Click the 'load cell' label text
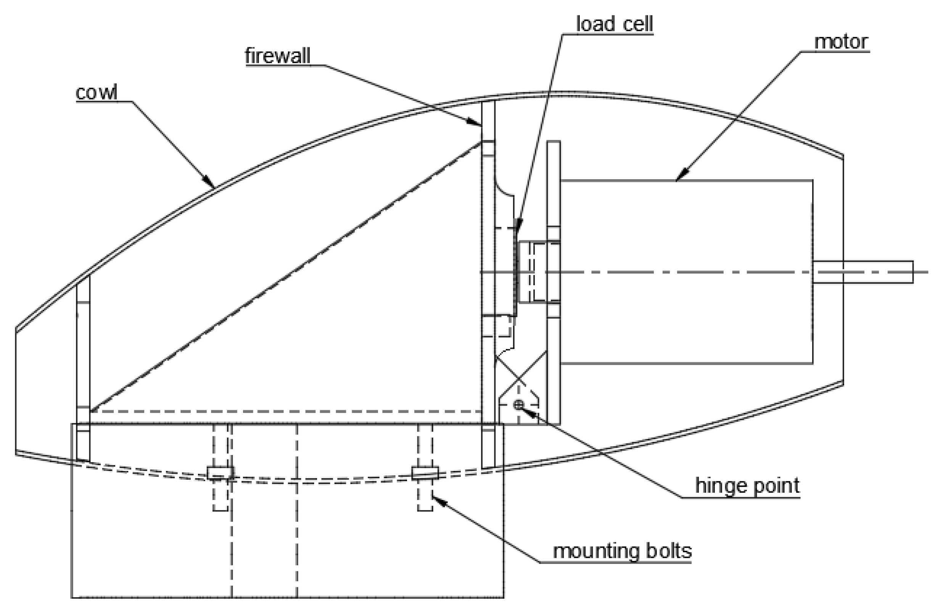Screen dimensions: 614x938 (615, 24)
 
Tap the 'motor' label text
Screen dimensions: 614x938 (841, 42)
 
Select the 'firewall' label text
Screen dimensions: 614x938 (277, 56)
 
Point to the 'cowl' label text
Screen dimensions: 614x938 (97, 93)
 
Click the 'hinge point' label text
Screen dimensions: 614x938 (747, 485)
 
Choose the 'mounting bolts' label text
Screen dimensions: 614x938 (622, 551)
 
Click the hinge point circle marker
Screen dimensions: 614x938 (519, 404)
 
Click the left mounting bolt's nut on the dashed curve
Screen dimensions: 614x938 (220, 473)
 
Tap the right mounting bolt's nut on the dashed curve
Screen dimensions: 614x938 (425, 473)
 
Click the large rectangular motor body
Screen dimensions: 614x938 (686, 272)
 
